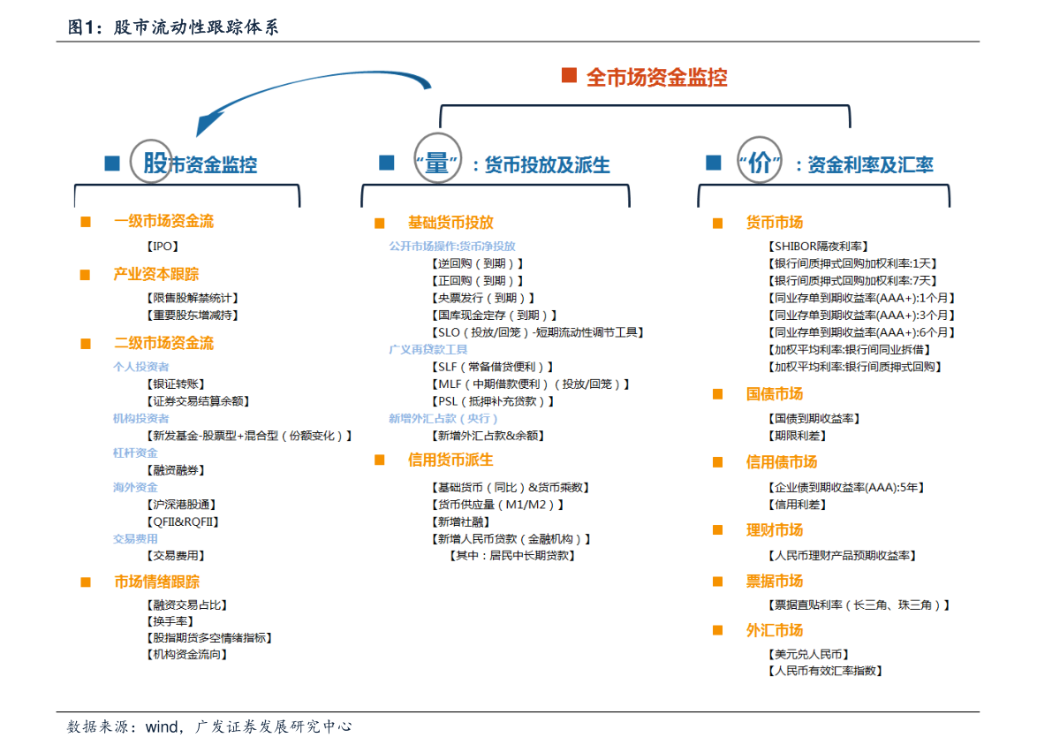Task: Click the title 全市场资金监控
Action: tap(656, 78)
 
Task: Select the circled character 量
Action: tap(436, 164)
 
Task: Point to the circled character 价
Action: tap(759, 164)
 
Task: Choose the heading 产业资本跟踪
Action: tap(156, 274)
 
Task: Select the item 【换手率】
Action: tap(168, 621)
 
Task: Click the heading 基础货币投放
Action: tap(450, 223)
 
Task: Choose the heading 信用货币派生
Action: tap(450, 460)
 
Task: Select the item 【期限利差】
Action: tap(798, 436)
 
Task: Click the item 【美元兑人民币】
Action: tap(809, 654)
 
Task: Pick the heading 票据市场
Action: tap(775, 581)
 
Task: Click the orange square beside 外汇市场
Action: tap(717, 630)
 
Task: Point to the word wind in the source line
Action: tap(163, 727)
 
